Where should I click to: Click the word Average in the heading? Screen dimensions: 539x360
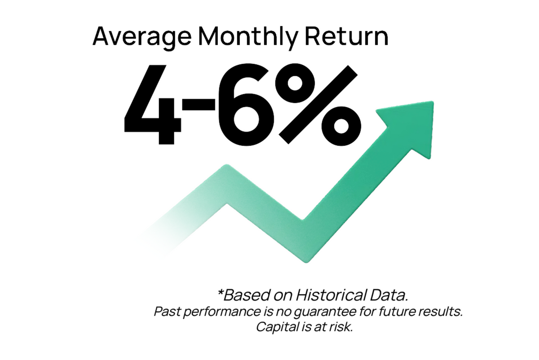pyautogui.click(x=142, y=37)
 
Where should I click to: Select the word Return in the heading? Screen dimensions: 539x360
pyautogui.click(x=347, y=36)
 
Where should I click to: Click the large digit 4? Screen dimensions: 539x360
pyautogui.click(x=153, y=105)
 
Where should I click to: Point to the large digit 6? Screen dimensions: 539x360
pyautogui.click(x=247, y=105)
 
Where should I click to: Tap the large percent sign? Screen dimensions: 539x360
pyautogui.click(x=318, y=105)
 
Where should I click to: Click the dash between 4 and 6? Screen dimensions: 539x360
pyautogui.click(x=199, y=104)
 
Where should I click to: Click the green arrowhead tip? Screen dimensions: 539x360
pyautogui.click(x=433, y=102)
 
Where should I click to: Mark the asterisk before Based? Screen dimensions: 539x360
pyautogui.click(x=220, y=293)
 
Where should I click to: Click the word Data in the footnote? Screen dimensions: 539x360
pyautogui.click(x=389, y=295)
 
